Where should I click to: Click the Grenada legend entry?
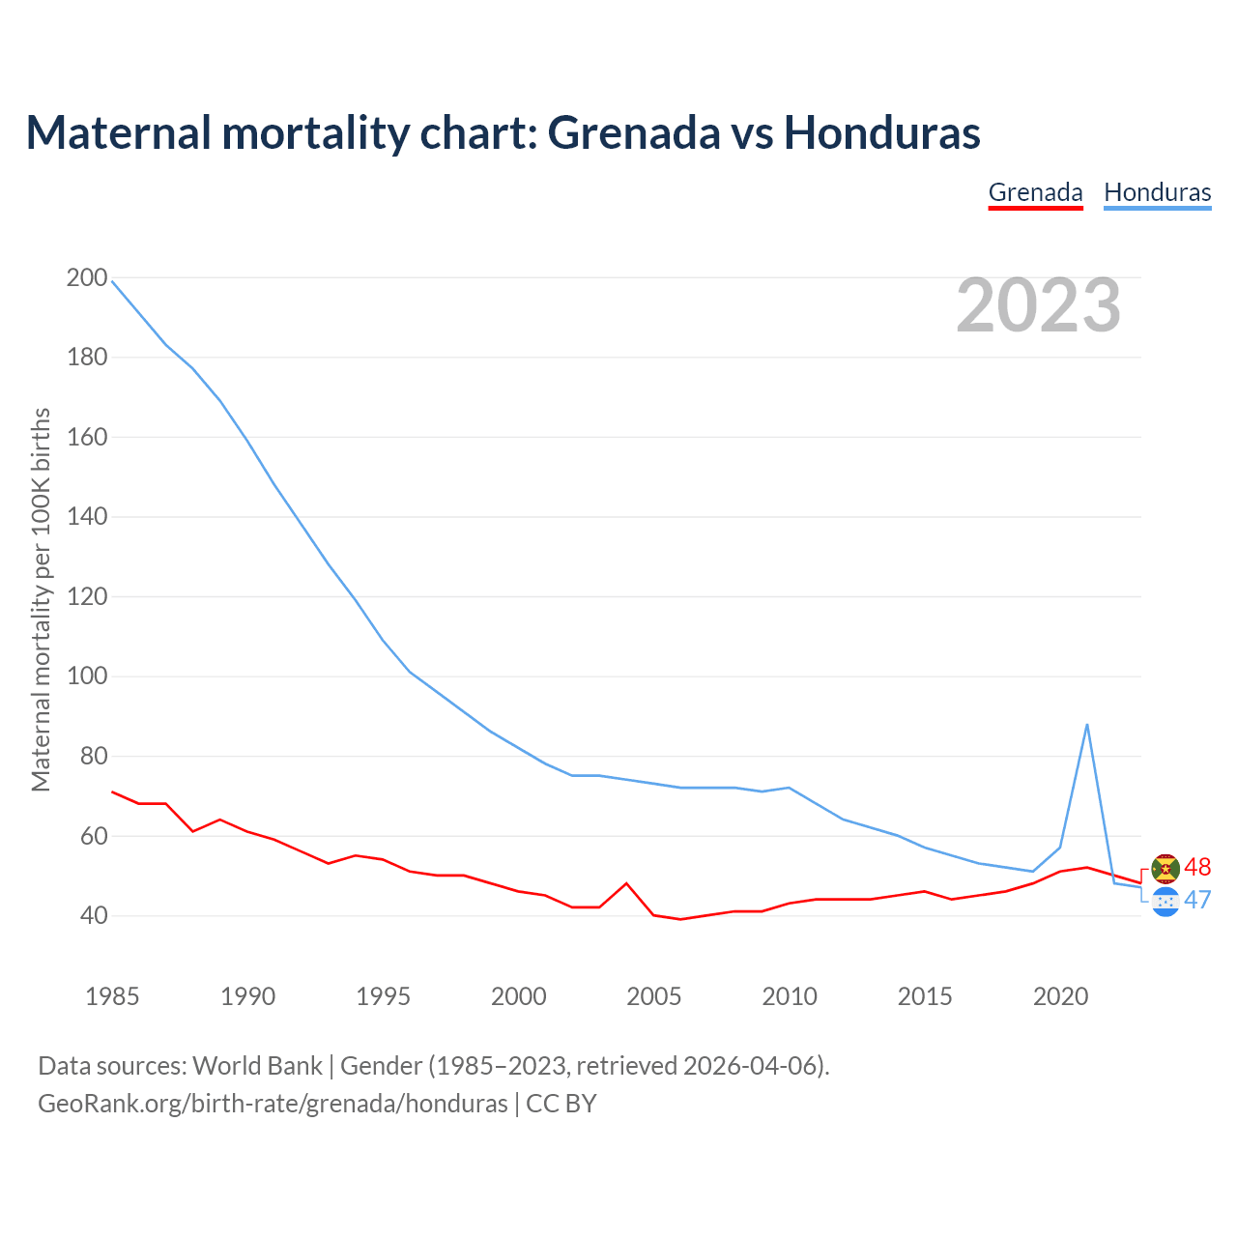(1035, 192)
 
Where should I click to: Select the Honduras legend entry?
(1157, 192)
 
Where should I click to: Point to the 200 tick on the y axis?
(87, 278)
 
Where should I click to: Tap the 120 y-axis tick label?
(87, 596)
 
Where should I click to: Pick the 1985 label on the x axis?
(112, 996)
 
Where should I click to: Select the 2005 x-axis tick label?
(654, 996)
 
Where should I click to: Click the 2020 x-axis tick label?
(1060, 996)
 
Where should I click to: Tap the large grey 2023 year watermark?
(1038, 305)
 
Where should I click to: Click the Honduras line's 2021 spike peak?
(1087, 725)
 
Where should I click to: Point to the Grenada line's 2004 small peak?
(626, 883)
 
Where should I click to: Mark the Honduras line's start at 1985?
(113, 281)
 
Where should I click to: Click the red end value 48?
(1197, 867)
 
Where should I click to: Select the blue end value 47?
(1197, 900)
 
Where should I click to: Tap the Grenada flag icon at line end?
(1165, 869)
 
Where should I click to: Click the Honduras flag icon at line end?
(1165, 902)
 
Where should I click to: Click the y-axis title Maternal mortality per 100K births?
(41, 599)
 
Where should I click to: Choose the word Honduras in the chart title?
(881, 132)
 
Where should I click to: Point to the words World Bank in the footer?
(257, 1066)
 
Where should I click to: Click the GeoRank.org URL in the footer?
(273, 1104)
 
